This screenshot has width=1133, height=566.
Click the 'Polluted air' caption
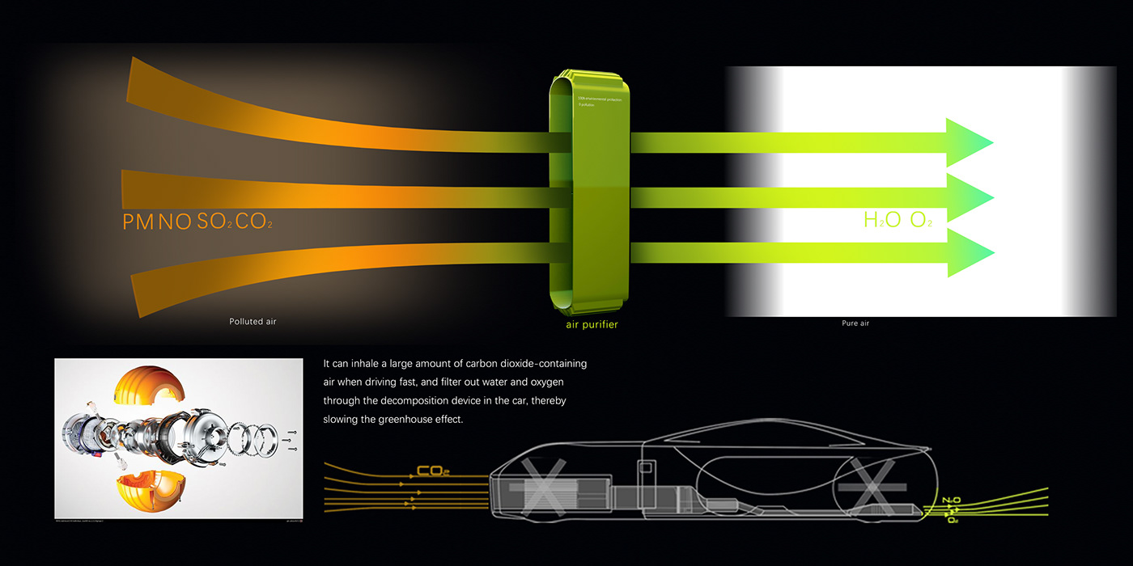(252, 322)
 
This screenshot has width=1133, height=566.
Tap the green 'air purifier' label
(592, 325)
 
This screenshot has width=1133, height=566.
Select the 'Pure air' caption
(855, 323)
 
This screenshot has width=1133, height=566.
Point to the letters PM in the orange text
(138, 222)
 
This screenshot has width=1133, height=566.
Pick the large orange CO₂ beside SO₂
(253, 222)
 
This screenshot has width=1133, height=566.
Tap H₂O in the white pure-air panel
(883, 220)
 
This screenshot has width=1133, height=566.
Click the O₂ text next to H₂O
(922, 220)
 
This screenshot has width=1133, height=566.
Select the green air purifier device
(589, 194)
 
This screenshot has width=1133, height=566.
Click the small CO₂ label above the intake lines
(433, 471)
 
